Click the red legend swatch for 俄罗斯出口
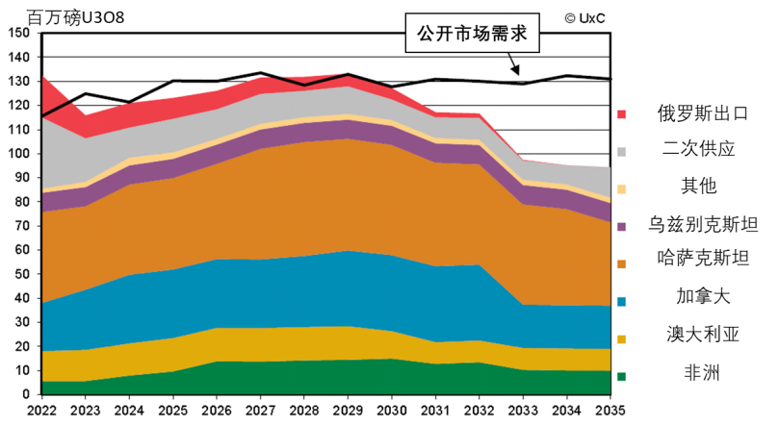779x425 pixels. point(622,114)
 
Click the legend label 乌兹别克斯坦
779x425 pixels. point(702,225)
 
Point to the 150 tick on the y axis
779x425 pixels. point(17,33)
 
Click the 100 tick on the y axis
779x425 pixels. point(17,154)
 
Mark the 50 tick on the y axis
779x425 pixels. point(21,274)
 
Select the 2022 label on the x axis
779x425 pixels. point(41,411)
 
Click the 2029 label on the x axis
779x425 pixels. point(349,411)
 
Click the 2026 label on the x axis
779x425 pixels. point(217,411)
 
